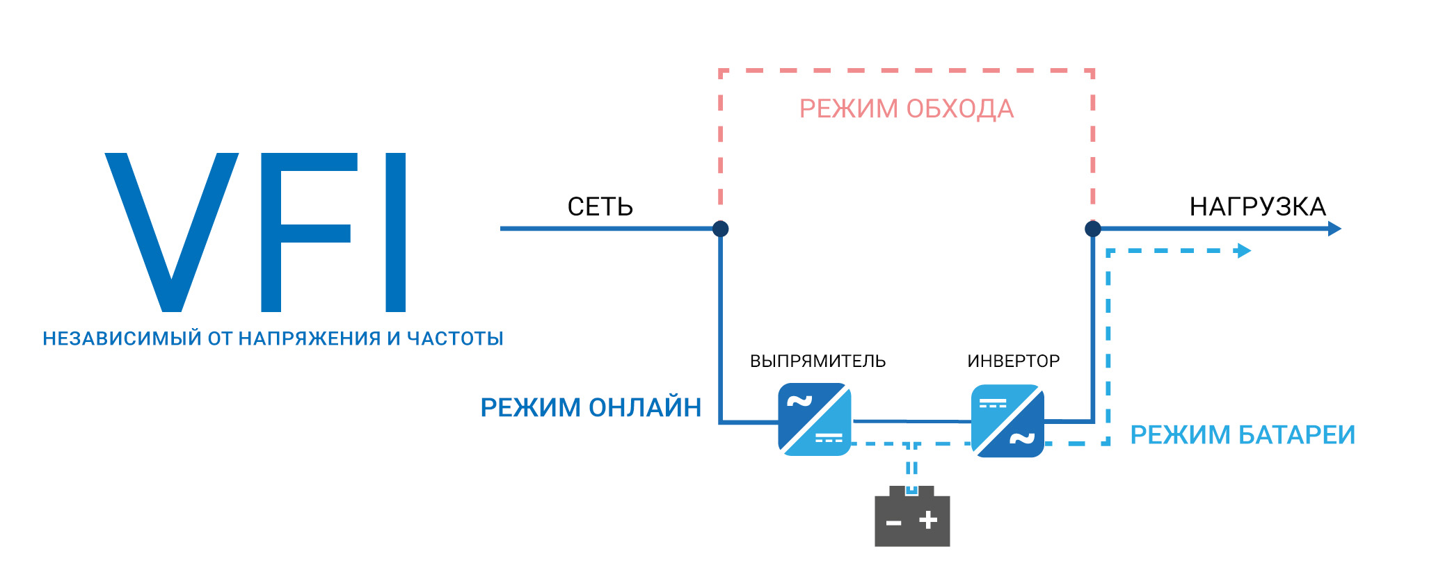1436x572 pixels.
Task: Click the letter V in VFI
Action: pyautogui.click(x=171, y=233)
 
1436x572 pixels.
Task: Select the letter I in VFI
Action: pyautogui.click(x=396, y=233)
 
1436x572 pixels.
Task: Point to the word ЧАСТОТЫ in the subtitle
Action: pyautogui.click(x=455, y=338)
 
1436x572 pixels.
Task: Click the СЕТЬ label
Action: pyautogui.click(x=600, y=206)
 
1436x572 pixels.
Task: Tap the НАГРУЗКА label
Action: pyautogui.click(x=1257, y=206)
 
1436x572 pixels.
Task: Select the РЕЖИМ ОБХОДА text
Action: pyautogui.click(x=906, y=109)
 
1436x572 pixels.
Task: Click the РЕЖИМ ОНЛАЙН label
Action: pyautogui.click(x=591, y=407)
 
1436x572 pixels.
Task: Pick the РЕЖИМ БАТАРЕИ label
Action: pyautogui.click(x=1243, y=435)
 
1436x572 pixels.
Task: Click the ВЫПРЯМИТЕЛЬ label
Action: pyautogui.click(x=817, y=361)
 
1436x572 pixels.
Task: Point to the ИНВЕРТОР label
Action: pyautogui.click(x=1013, y=361)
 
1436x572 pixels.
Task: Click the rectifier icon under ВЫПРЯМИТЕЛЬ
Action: pyautogui.click(x=815, y=420)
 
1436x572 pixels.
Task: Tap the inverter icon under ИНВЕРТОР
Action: pyautogui.click(x=1007, y=421)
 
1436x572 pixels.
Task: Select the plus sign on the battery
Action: pyautogui.click(x=928, y=520)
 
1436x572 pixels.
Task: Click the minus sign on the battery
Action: pyautogui.click(x=894, y=523)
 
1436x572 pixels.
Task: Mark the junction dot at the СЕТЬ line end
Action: pyautogui.click(x=721, y=229)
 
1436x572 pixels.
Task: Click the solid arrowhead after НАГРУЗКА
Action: pyautogui.click(x=1334, y=229)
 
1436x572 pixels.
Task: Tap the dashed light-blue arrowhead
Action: pyautogui.click(x=1244, y=251)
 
